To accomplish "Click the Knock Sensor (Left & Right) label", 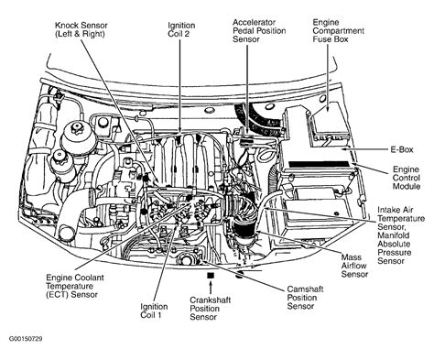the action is (81, 29).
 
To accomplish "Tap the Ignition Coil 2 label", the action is (181, 29).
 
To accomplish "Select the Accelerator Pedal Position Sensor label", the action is (259, 31).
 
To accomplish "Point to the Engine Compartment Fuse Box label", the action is (339, 31).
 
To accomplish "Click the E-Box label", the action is (402, 149).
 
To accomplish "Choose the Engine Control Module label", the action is (407, 178).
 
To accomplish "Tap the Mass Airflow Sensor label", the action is (354, 266).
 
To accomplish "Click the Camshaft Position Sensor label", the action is (305, 298).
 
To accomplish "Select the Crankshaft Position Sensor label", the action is (210, 309).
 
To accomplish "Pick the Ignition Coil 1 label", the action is (154, 311).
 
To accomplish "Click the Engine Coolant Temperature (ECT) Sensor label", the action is (75, 286).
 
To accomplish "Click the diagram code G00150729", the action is (26, 339).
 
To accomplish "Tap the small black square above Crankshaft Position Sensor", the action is (211, 275).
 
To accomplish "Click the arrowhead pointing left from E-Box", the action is (344, 149).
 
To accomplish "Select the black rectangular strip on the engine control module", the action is (319, 164).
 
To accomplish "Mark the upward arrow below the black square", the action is (211, 288).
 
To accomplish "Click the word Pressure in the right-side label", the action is (395, 253).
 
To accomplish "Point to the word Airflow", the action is (353, 266).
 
